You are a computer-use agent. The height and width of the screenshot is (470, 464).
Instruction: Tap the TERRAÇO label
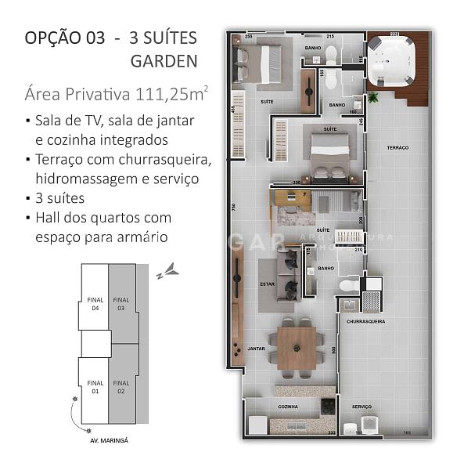click(397, 148)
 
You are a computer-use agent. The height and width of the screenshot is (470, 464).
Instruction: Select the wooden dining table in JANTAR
click(297, 342)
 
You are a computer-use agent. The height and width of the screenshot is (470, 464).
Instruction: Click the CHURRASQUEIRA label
click(362, 321)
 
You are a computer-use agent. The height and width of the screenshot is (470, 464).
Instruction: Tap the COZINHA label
click(288, 407)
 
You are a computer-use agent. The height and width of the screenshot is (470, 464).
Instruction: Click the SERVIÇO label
click(361, 407)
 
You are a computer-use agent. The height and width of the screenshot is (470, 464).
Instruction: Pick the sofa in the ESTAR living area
click(290, 274)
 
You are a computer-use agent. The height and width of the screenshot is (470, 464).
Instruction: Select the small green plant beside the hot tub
click(372, 97)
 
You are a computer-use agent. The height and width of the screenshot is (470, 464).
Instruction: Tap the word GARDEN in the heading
click(164, 60)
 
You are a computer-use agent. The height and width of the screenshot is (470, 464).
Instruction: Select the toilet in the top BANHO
click(332, 53)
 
